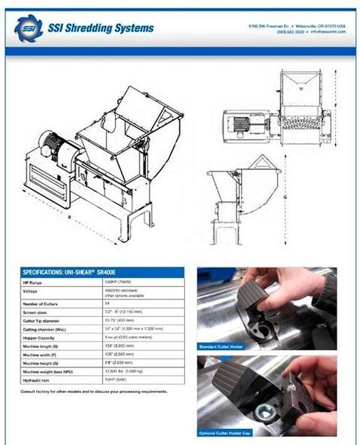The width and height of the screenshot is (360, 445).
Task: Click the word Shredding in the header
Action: [87, 28]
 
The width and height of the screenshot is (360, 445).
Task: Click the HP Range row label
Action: [33, 283]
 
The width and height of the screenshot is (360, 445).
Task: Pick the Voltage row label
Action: [30, 291]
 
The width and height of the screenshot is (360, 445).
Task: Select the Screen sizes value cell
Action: [148, 312]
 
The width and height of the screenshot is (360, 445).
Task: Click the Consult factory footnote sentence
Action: [94, 392]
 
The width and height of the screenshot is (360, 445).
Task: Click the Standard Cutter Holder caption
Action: [221, 347]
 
